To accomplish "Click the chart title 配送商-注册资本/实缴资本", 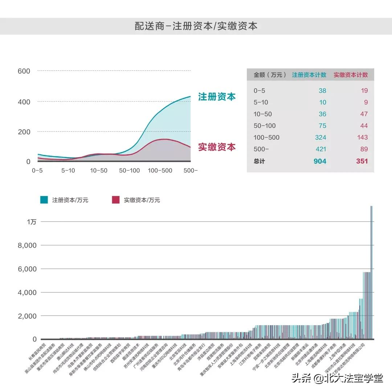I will click(196, 26).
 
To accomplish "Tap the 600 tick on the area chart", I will click(24, 71).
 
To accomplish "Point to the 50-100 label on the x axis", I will click(129, 170).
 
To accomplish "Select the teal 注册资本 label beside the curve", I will click(217, 97).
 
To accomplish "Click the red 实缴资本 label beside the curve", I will click(217, 147).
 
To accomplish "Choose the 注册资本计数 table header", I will click(309, 75).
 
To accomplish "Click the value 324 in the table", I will click(320, 138).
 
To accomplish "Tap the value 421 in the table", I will click(320, 149).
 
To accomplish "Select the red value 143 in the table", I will click(362, 138).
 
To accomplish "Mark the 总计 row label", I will click(259, 161).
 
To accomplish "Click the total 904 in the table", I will click(320, 161).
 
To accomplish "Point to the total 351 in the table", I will click(362, 161).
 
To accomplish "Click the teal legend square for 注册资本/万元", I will click(44, 200).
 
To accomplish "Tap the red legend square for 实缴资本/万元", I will click(115, 200).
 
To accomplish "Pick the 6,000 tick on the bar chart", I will click(28, 269).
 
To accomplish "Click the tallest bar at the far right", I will click(371, 272).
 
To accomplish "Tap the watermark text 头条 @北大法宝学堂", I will click(337, 379).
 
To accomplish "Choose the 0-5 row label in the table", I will click(259, 91).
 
